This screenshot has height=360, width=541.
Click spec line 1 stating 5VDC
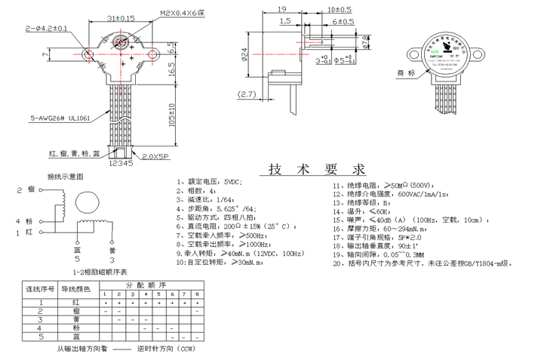point(208,183)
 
